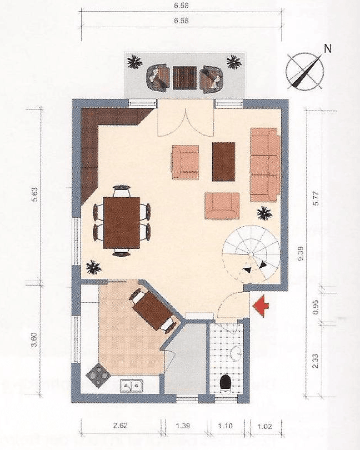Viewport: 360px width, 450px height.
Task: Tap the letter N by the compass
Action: coord(328,48)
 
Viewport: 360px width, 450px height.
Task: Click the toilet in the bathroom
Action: coord(226,382)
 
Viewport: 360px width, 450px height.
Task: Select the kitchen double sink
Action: coord(132,384)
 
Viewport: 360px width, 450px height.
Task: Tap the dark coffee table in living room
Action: coord(224,162)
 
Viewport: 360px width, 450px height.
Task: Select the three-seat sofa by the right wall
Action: coord(264,164)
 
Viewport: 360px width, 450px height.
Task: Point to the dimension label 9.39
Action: coord(300,256)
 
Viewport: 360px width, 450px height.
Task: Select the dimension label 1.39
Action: coord(182,426)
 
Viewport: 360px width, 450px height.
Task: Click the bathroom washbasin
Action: coord(236,352)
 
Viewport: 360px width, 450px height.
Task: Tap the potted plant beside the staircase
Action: coord(265,212)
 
